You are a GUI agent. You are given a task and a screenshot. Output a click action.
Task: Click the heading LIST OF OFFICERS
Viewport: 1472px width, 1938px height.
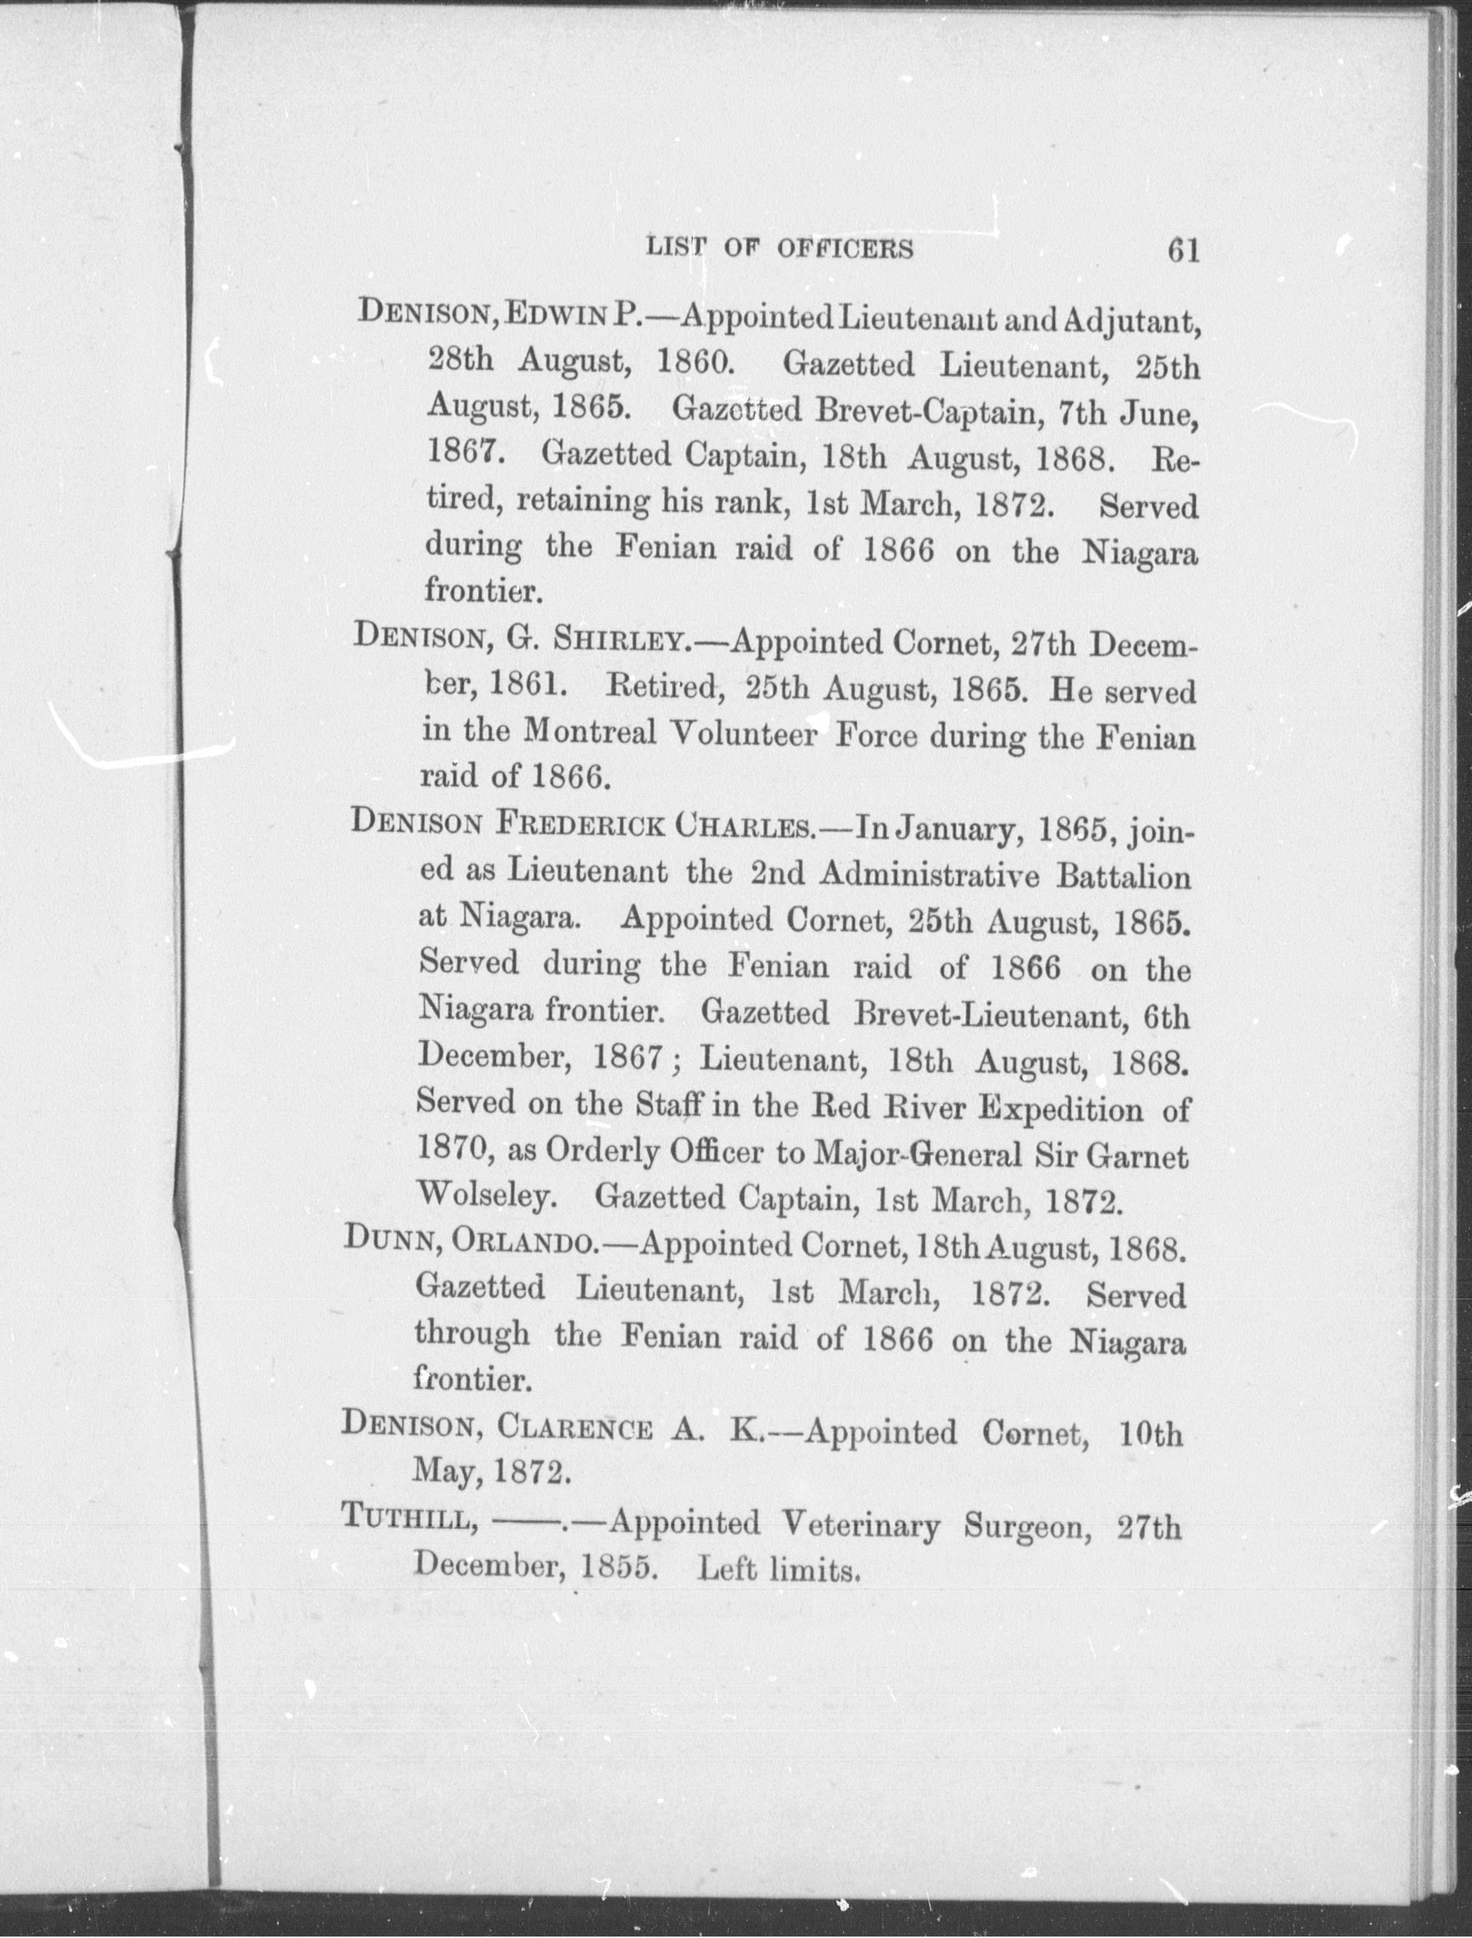pos(779,249)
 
